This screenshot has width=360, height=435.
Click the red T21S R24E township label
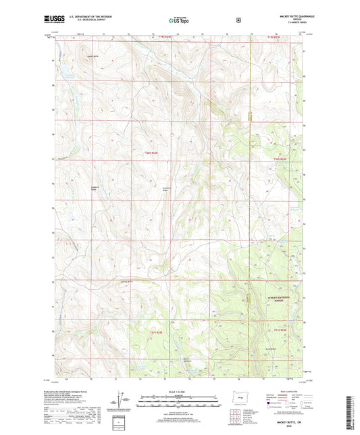[157, 331]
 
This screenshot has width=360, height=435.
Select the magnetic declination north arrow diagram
[128, 400]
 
